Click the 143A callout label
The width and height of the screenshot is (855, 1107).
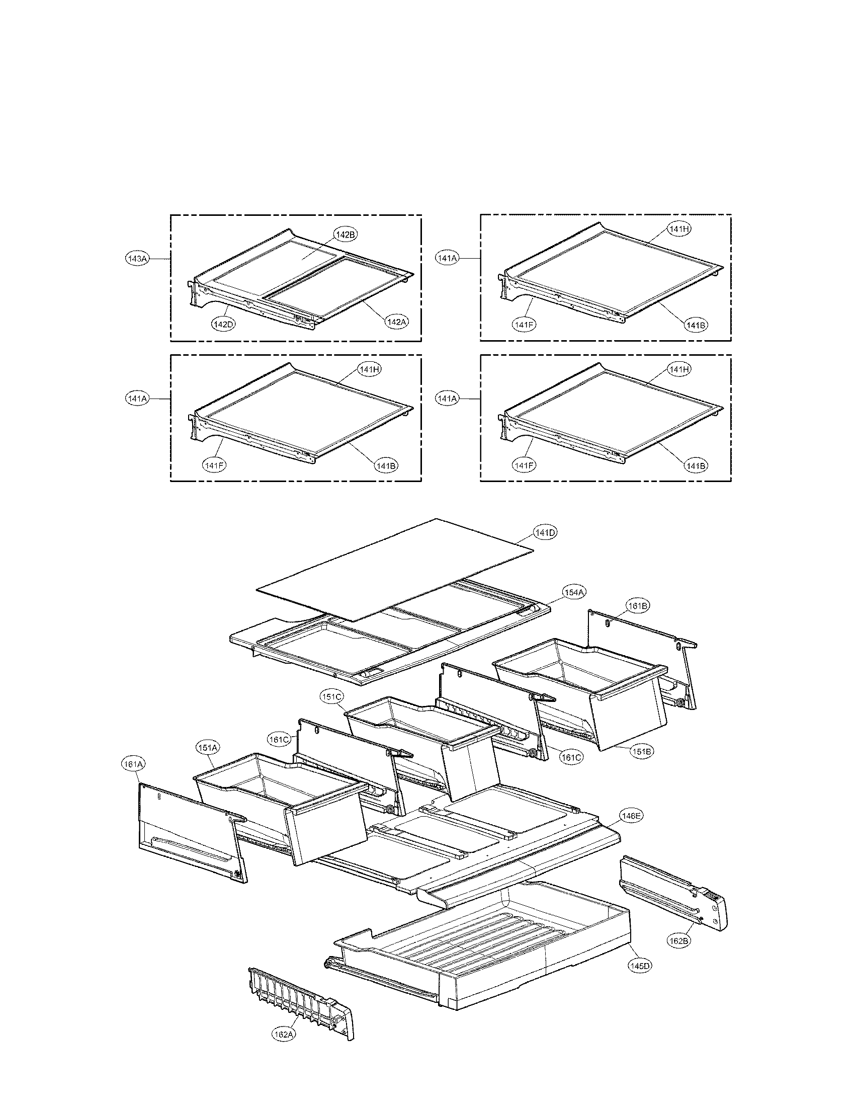[137, 259]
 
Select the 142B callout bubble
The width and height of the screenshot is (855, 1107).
[345, 234]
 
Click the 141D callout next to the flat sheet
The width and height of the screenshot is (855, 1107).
[545, 532]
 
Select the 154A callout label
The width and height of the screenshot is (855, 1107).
[575, 592]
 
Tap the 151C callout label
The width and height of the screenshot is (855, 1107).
[331, 697]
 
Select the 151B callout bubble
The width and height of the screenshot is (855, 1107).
[641, 765]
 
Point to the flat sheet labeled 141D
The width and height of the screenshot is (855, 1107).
[395, 568]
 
